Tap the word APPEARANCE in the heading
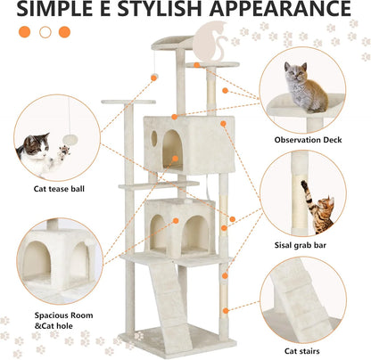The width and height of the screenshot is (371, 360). (x=279, y=12)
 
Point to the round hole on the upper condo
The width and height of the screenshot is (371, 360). (x=154, y=138)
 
